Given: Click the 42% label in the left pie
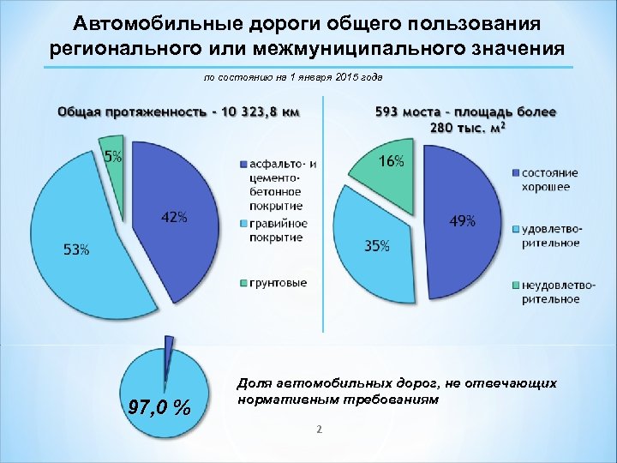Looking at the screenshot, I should point(174,218).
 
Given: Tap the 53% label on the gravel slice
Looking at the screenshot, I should point(75,250).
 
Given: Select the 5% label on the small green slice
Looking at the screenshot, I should point(113,156).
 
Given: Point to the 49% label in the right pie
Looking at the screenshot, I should point(463,221).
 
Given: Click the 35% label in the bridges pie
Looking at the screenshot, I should point(377,246).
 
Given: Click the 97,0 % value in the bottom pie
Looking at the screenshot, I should point(160,406).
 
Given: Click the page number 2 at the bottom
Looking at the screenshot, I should point(318,430).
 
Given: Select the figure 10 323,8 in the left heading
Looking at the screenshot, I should point(250,111).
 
